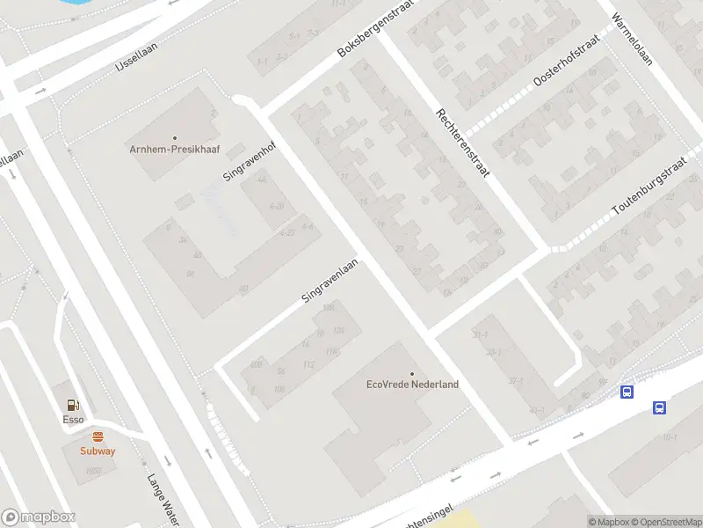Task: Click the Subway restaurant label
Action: pyautogui.click(x=97, y=451)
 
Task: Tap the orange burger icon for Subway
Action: pyautogui.click(x=97, y=436)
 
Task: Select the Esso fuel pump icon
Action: pyautogui.click(x=73, y=405)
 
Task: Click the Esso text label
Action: pyautogui.click(x=73, y=419)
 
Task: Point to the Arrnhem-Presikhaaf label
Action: pyautogui.click(x=174, y=149)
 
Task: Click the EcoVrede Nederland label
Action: pyautogui.click(x=412, y=385)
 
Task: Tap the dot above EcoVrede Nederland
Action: pyautogui.click(x=412, y=373)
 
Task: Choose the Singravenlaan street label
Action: pyautogui.click(x=330, y=281)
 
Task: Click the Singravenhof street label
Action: pyautogui.click(x=250, y=159)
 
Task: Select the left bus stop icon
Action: pyautogui.click(x=627, y=392)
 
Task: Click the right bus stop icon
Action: pyautogui.click(x=659, y=407)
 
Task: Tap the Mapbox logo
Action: pyautogui.click(x=39, y=517)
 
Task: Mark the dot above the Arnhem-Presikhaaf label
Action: pyautogui.click(x=174, y=137)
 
